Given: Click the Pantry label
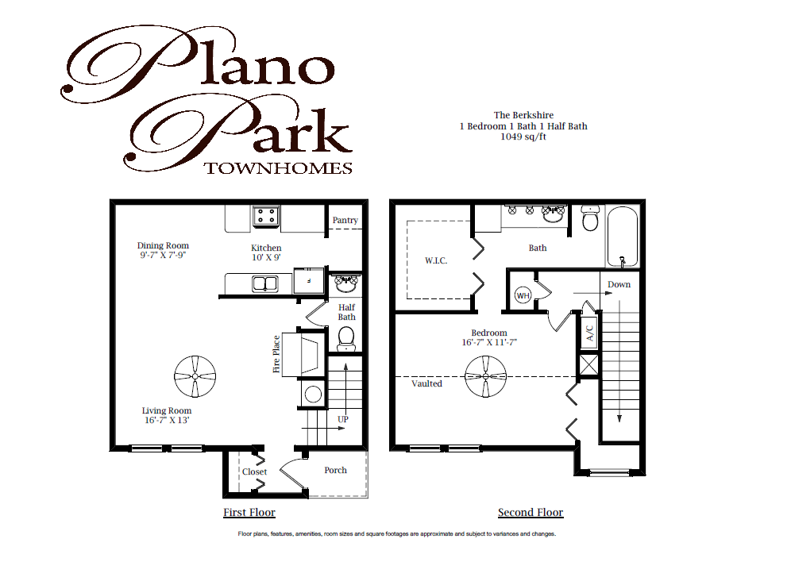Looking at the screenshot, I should click(x=345, y=220).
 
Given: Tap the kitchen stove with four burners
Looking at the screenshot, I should click(x=265, y=215).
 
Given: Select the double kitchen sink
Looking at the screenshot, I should click(x=264, y=283).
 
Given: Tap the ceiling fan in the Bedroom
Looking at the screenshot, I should click(x=486, y=376).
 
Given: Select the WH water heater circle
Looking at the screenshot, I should click(x=523, y=295).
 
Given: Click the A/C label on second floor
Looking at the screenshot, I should click(x=589, y=331).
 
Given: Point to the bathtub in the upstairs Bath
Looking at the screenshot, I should click(x=623, y=237).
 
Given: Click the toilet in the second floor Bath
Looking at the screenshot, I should click(x=589, y=217).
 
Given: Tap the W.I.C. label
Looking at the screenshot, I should click(x=436, y=260).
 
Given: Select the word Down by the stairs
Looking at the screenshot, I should click(x=619, y=284).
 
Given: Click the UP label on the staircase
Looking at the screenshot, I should click(x=343, y=418).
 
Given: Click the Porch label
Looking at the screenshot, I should click(x=335, y=470).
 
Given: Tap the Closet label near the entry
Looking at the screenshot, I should click(x=255, y=472).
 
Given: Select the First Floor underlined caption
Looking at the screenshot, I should click(x=249, y=512).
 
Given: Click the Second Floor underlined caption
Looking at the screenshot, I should click(x=531, y=512).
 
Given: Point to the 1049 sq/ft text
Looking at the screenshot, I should click(x=523, y=137).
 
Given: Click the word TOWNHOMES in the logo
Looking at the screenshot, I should click(x=278, y=167).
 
